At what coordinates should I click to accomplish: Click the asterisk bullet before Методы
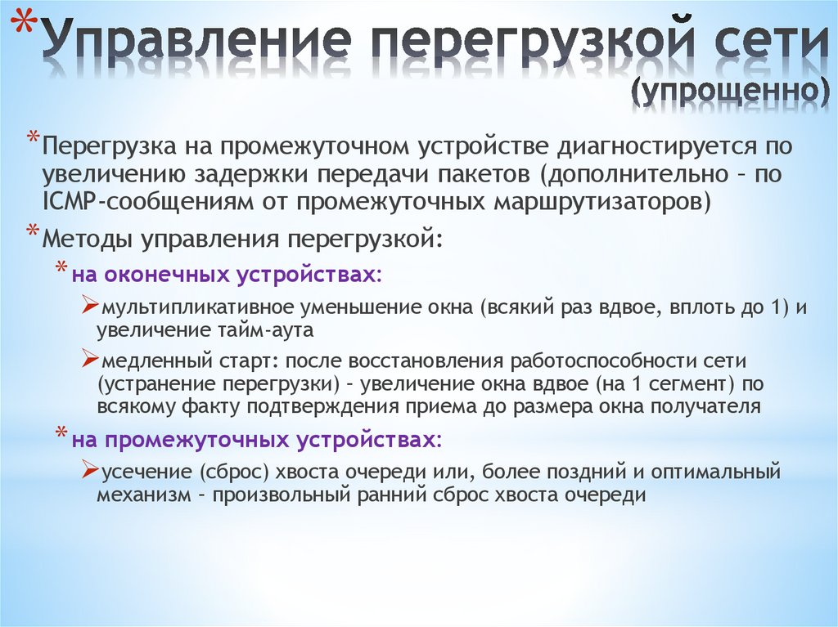coord(32,231)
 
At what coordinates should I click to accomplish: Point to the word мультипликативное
coord(181,310)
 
